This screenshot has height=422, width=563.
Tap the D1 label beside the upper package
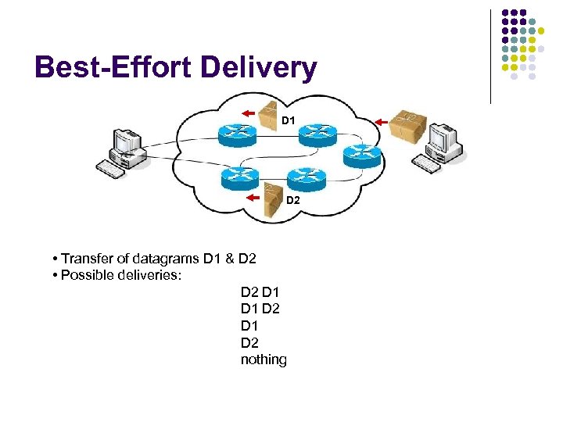coord(289,121)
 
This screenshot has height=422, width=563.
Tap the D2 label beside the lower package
coord(292,201)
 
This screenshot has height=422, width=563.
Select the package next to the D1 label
coord(268,114)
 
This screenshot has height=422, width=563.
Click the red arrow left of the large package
coord(382,121)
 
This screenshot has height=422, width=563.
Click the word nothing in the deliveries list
coord(264,359)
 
